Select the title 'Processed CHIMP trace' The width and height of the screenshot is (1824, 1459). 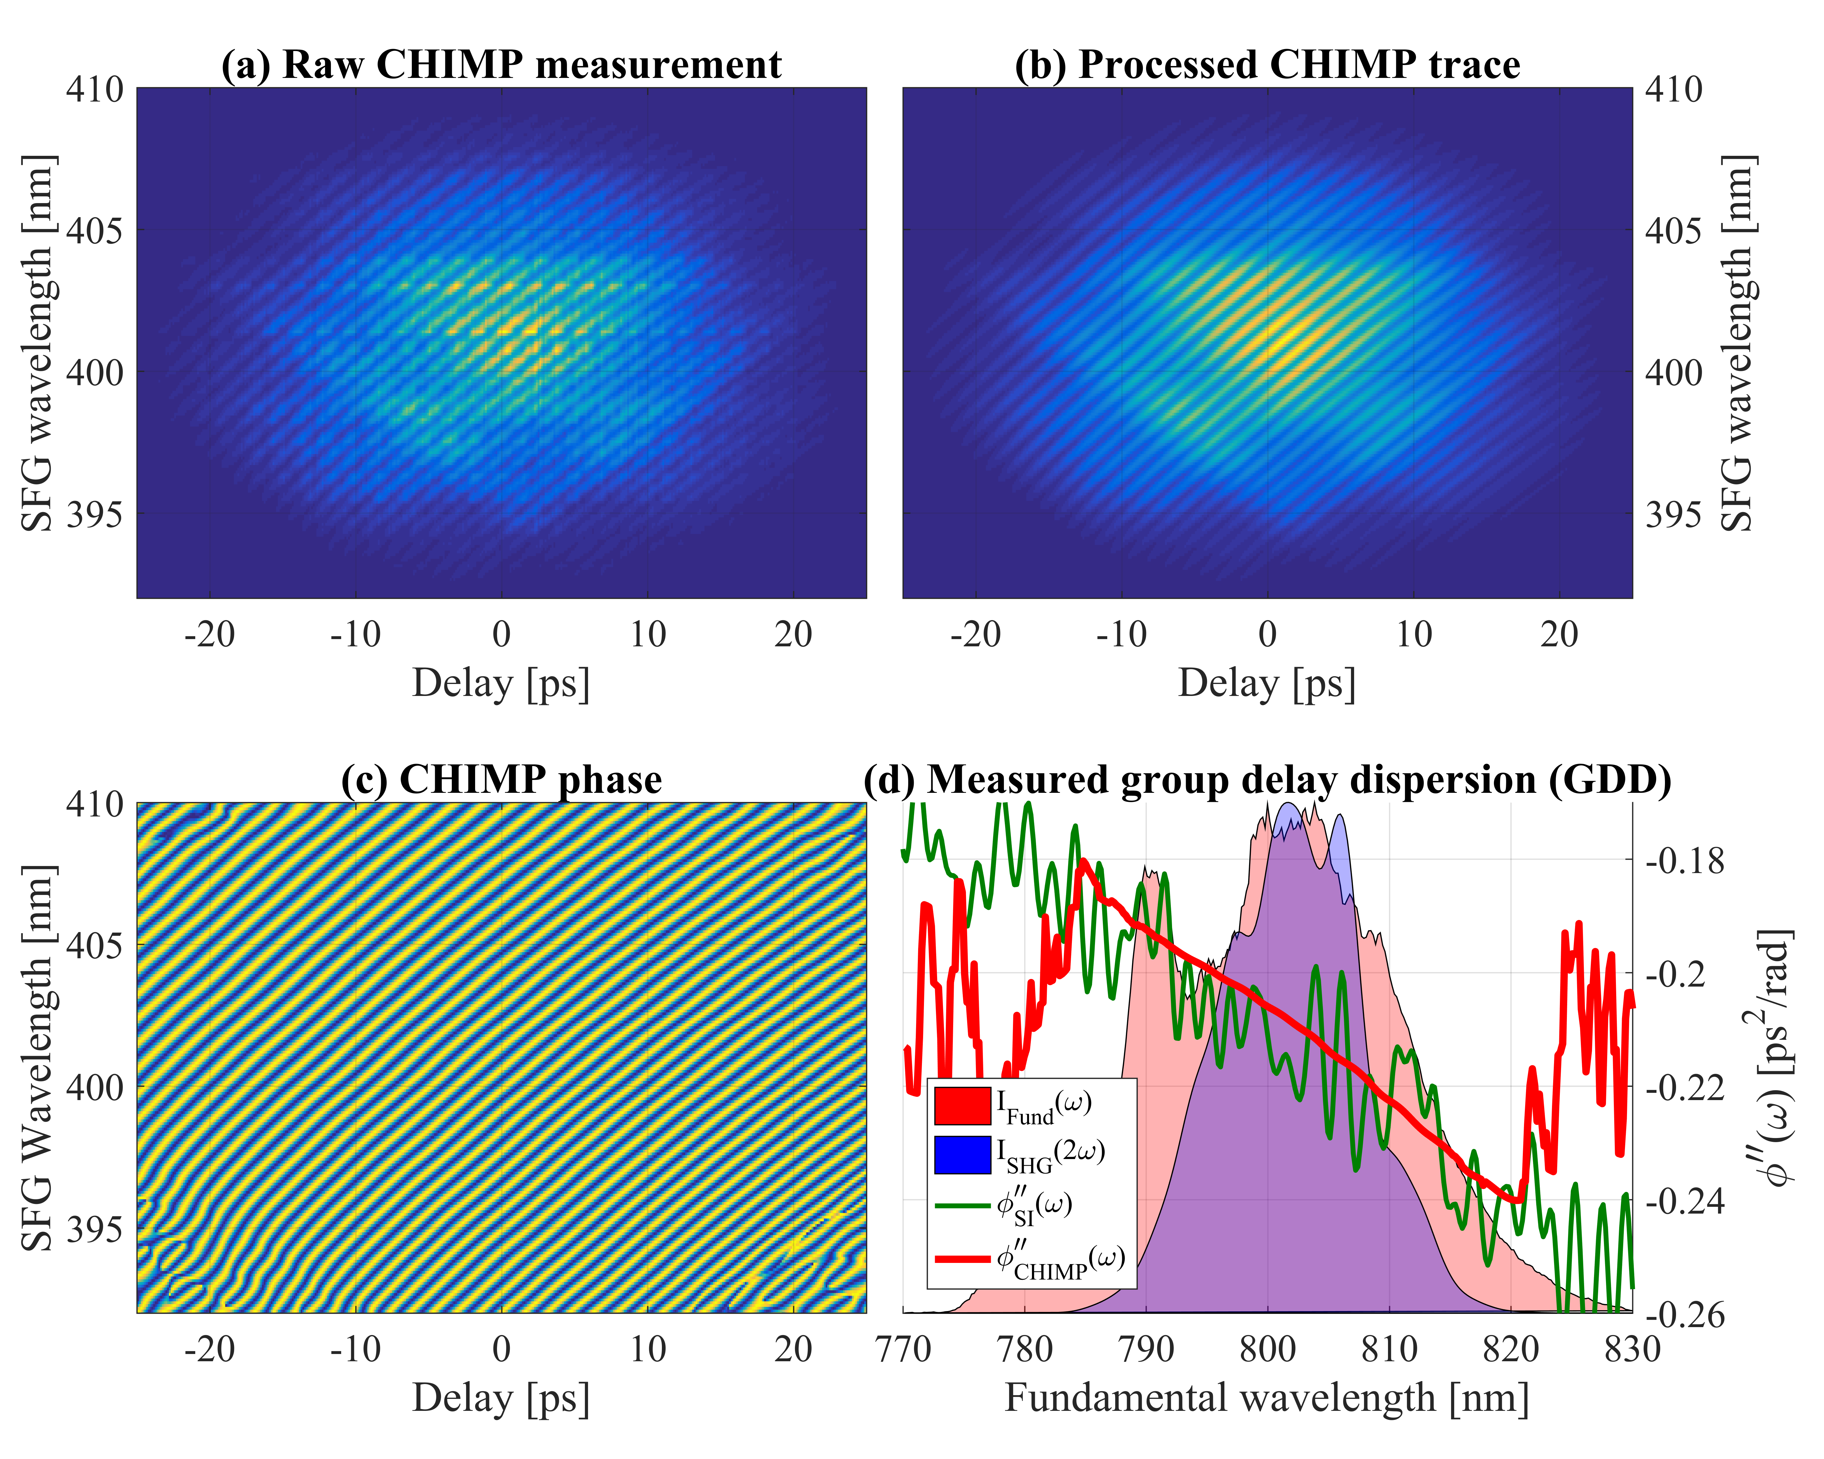click(1267, 65)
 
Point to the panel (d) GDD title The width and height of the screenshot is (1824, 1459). click(1267, 779)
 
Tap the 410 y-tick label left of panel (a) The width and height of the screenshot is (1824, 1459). click(95, 89)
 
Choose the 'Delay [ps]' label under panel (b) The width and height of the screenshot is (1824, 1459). click(1267, 683)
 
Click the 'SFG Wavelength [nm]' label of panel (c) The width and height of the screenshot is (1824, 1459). click(38, 1057)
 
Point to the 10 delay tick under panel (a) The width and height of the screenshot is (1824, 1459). click(648, 634)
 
